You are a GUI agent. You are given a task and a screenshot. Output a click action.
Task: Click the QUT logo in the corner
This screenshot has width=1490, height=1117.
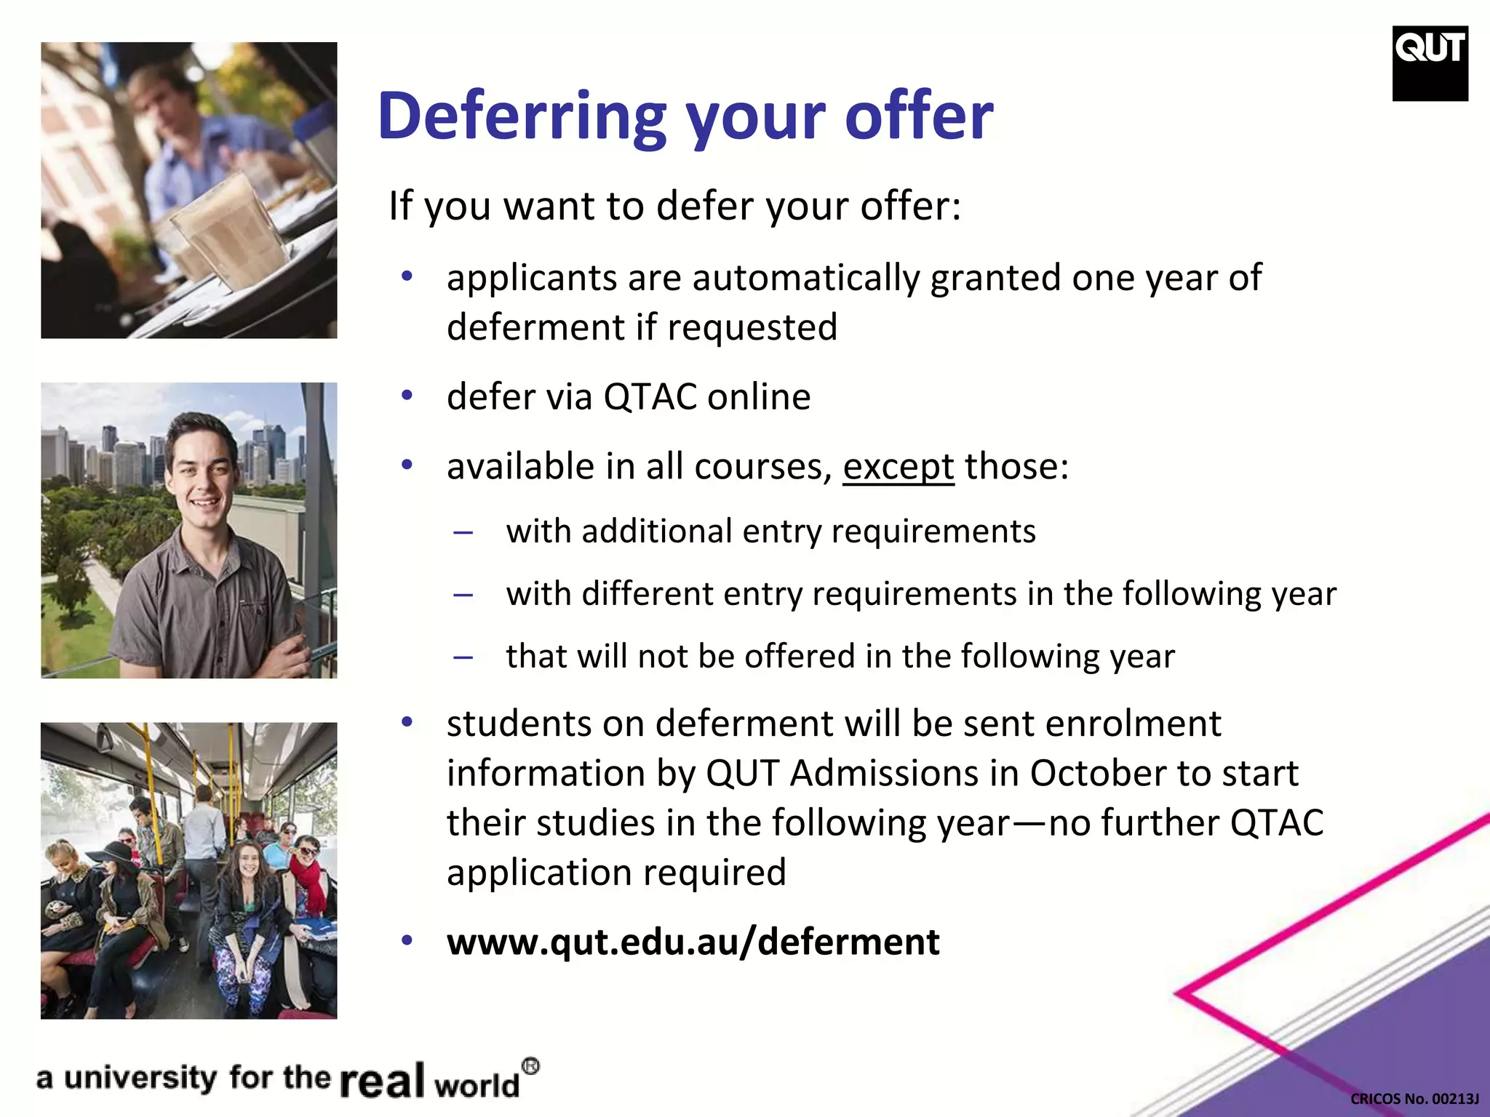pyautogui.click(x=1430, y=63)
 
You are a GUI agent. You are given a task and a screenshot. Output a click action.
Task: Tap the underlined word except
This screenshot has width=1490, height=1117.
pyautogui.click(x=898, y=467)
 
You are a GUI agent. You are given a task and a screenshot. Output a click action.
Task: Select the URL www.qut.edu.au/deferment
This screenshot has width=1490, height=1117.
pyautogui.click(x=693, y=942)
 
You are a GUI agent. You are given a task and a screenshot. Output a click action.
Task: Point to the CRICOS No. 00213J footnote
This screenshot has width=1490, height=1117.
pyautogui.click(x=1414, y=1099)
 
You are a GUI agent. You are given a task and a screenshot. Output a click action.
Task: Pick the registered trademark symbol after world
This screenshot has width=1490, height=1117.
pyautogui.click(x=531, y=1067)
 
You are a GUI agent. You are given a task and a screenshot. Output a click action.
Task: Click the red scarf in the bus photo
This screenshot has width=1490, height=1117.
pyautogui.click(x=311, y=884)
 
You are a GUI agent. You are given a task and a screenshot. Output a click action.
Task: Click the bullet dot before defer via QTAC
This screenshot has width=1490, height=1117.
pyautogui.click(x=407, y=396)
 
